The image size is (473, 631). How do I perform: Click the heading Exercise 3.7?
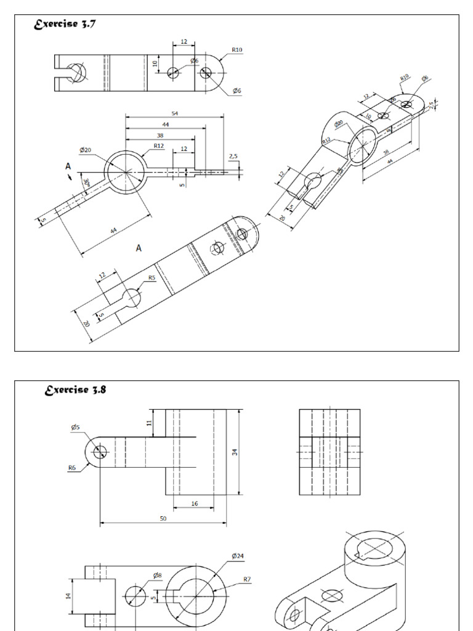coord(64,25)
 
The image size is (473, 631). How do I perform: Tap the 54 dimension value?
coord(175,113)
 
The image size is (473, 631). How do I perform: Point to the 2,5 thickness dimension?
coord(233,157)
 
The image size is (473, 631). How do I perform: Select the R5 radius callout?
coord(151,277)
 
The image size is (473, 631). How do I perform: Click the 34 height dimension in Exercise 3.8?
coord(235,452)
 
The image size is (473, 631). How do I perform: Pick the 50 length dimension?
coord(163,519)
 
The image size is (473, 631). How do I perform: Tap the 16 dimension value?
coord(195,503)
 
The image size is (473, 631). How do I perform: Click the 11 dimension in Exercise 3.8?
coord(149,423)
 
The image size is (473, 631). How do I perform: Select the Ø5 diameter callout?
coord(75,426)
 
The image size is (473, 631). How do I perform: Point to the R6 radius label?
coord(72,468)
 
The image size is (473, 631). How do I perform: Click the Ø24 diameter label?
coord(238,556)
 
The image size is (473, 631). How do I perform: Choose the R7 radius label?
coord(247,579)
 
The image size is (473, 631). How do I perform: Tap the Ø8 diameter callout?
coord(158,575)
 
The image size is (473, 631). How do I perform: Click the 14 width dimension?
coord(69,596)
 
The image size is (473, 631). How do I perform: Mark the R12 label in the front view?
coord(159,145)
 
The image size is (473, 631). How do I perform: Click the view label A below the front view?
coord(139,248)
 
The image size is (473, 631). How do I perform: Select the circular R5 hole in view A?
coord(131,298)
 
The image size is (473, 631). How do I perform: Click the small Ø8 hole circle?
coord(136,596)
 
